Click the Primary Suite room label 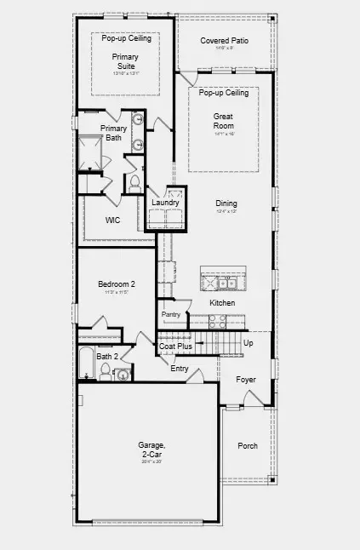tap(125, 62)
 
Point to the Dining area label tap(226, 203)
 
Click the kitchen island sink tap(227, 283)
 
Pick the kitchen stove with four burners tap(216, 322)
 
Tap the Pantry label tap(171, 314)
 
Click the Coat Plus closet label tap(175, 347)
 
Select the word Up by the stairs tap(249, 343)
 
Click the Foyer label tap(246, 380)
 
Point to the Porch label tap(248, 445)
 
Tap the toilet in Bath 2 tap(106, 370)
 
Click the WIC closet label tap(112, 220)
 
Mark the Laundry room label tap(165, 203)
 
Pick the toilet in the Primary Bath tap(133, 182)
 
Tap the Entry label tap(180, 369)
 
